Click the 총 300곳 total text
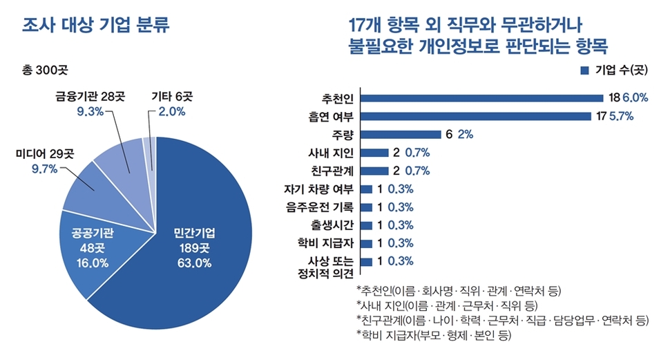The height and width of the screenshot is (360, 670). [x=46, y=70]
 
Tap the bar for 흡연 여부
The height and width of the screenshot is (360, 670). [x=476, y=116]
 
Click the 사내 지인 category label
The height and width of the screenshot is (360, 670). [x=332, y=153]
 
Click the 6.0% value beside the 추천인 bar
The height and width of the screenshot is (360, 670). [x=635, y=98]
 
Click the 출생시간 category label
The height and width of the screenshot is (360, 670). [x=332, y=225]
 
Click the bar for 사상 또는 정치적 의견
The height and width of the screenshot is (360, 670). [x=367, y=261]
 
